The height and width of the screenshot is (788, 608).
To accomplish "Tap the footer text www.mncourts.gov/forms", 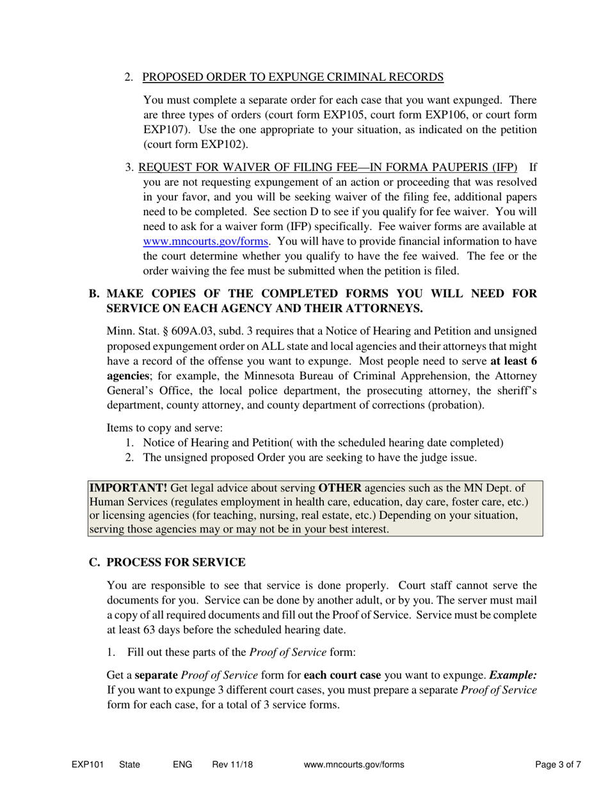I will [x=354, y=764].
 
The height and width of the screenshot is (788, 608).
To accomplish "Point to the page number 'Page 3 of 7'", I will [x=558, y=764].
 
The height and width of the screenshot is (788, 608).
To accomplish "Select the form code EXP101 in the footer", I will [x=87, y=764].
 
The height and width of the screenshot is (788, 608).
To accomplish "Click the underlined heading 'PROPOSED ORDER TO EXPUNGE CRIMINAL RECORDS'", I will [x=292, y=77].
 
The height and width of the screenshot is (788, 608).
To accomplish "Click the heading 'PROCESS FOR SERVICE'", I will [x=176, y=562].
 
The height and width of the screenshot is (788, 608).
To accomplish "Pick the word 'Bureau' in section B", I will [x=324, y=375].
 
